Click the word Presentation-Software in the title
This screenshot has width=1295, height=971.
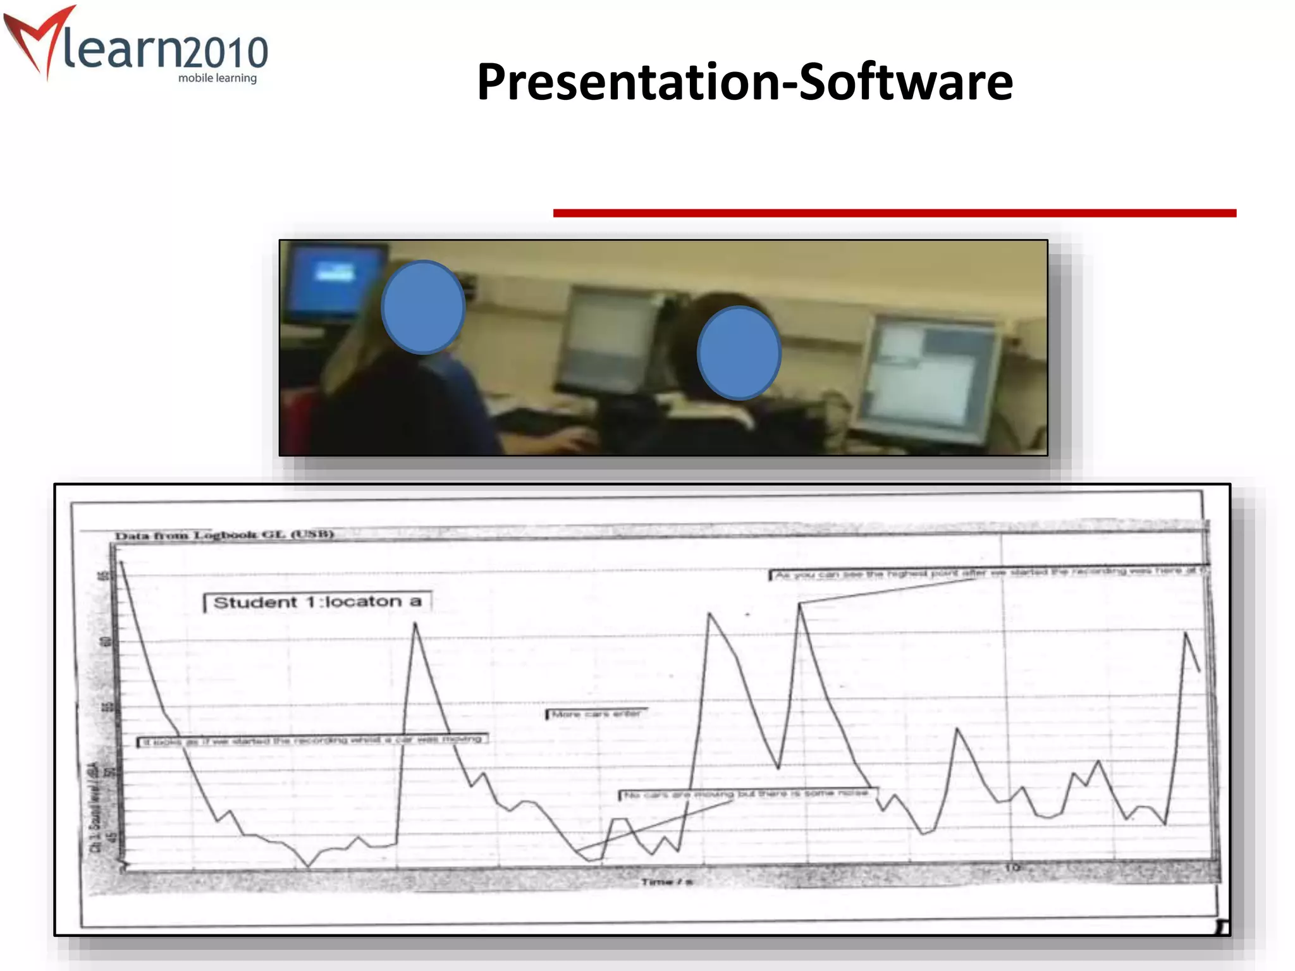click(x=744, y=82)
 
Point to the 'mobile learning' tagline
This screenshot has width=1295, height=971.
click(x=217, y=78)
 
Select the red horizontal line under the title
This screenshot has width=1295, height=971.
click(x=894, y=214)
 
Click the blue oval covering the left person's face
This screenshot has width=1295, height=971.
click(x=423, y=307)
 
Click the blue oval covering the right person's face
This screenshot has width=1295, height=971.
click(x=739, y=353)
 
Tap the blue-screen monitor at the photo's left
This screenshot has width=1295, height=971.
click(x=334, y=282)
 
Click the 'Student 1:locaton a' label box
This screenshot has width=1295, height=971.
click(x=317, y=602)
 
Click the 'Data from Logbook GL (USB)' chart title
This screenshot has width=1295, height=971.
click(x=224, y=535)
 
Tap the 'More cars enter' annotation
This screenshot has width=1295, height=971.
click(x=596, y=714)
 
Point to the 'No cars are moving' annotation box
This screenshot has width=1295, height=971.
click(x=746, y=794)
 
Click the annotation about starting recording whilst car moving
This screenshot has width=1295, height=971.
click(x=312, y=740)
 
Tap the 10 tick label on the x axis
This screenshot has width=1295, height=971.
click(x=1012, y=867)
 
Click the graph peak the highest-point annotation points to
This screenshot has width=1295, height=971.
click(x=800, y=604)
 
